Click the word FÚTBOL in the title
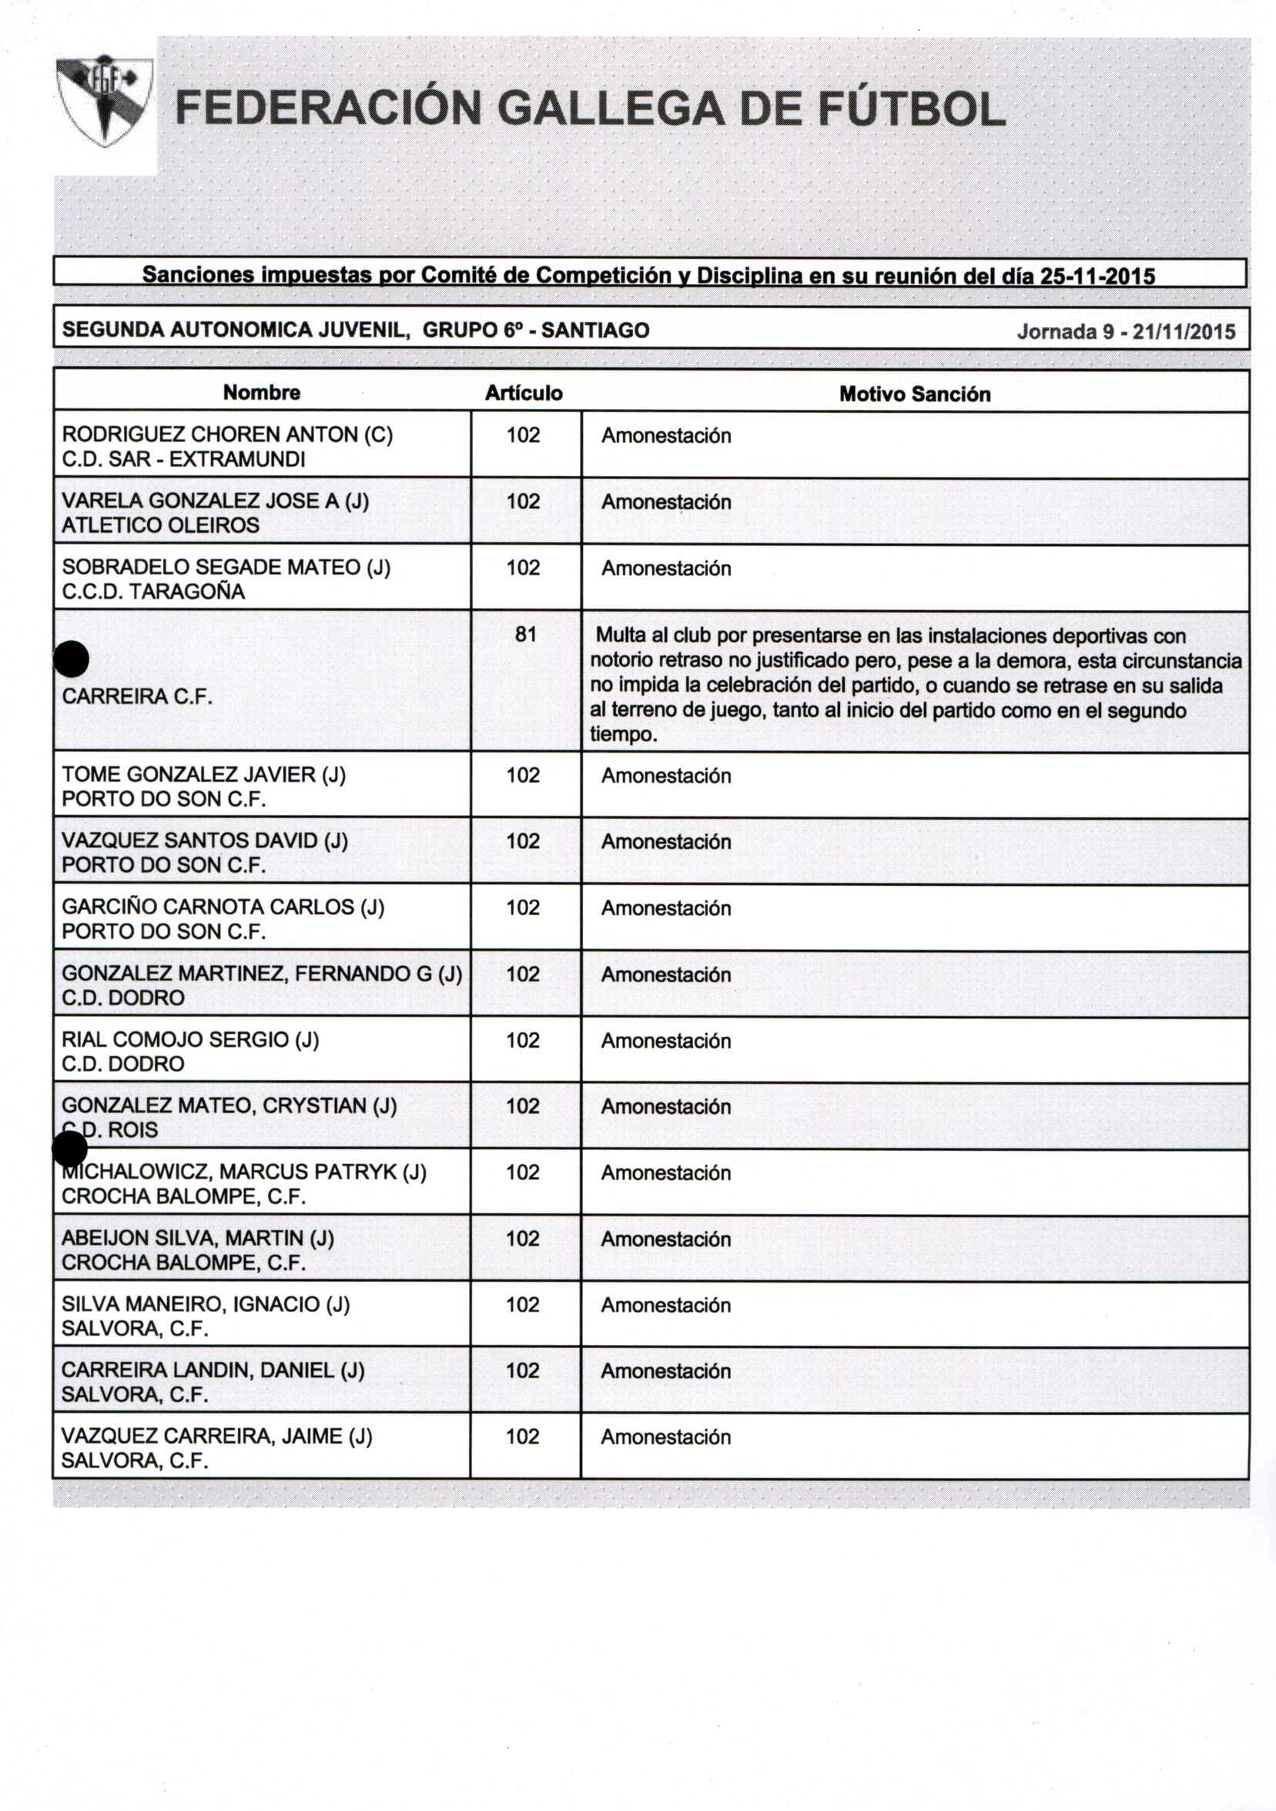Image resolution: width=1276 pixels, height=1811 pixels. coord(912,109)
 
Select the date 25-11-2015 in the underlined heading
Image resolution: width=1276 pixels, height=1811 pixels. coord(1098,276)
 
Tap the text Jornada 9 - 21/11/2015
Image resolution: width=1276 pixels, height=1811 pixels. coord(1125,331)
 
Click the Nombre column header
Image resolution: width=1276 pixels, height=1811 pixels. coord(262,392)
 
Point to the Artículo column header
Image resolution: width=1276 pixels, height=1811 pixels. coord(524,393)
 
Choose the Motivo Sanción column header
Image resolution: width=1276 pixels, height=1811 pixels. coord(914,394)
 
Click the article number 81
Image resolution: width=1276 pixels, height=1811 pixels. coord(525,634)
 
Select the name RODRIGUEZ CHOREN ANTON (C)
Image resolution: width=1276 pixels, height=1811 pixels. coord(227,434)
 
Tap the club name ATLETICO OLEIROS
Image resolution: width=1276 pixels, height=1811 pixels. coord(160,525)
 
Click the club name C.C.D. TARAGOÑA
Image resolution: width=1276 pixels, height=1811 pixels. coord(153,592)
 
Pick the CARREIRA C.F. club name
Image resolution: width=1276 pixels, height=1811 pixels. coord(137,696)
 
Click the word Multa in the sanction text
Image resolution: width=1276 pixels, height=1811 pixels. coord(621,635)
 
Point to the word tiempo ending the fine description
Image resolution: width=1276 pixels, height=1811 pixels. coord(621,734)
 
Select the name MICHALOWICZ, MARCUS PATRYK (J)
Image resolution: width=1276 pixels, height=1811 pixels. coord(244,1172)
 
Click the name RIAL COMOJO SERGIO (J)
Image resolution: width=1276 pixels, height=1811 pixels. coord(190,1040)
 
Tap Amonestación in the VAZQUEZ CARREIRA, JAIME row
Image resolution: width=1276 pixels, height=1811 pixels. coord(665,1437)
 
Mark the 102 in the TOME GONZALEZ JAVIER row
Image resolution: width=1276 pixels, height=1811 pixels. coord(523,776)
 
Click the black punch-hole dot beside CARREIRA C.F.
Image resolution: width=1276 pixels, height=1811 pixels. coord(72,659)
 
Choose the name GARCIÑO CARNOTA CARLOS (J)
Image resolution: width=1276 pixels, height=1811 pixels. coord(223,907)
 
